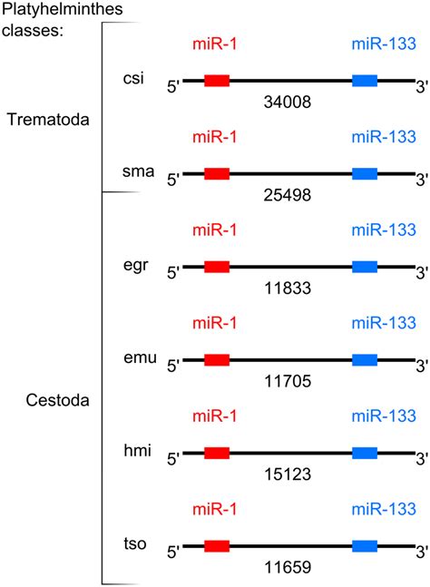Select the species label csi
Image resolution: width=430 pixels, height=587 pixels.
[x=133, y=79]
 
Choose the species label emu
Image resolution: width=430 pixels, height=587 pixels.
[x=139, y=359]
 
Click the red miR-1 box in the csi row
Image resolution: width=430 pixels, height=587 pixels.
[x=217, y=81]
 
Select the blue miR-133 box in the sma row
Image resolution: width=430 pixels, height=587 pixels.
[x=365, y=174]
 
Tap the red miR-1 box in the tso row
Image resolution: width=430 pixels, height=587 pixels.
[x=217, y=547]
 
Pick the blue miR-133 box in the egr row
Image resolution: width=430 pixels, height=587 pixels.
[x=365, y=267]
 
